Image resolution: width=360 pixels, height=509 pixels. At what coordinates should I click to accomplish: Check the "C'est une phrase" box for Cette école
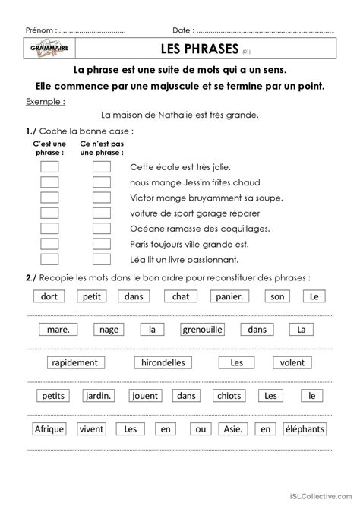[49, 167]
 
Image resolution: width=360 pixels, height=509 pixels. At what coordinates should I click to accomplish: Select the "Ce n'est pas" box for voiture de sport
[102, 213]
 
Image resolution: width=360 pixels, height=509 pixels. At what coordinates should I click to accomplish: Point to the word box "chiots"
[229, 396]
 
